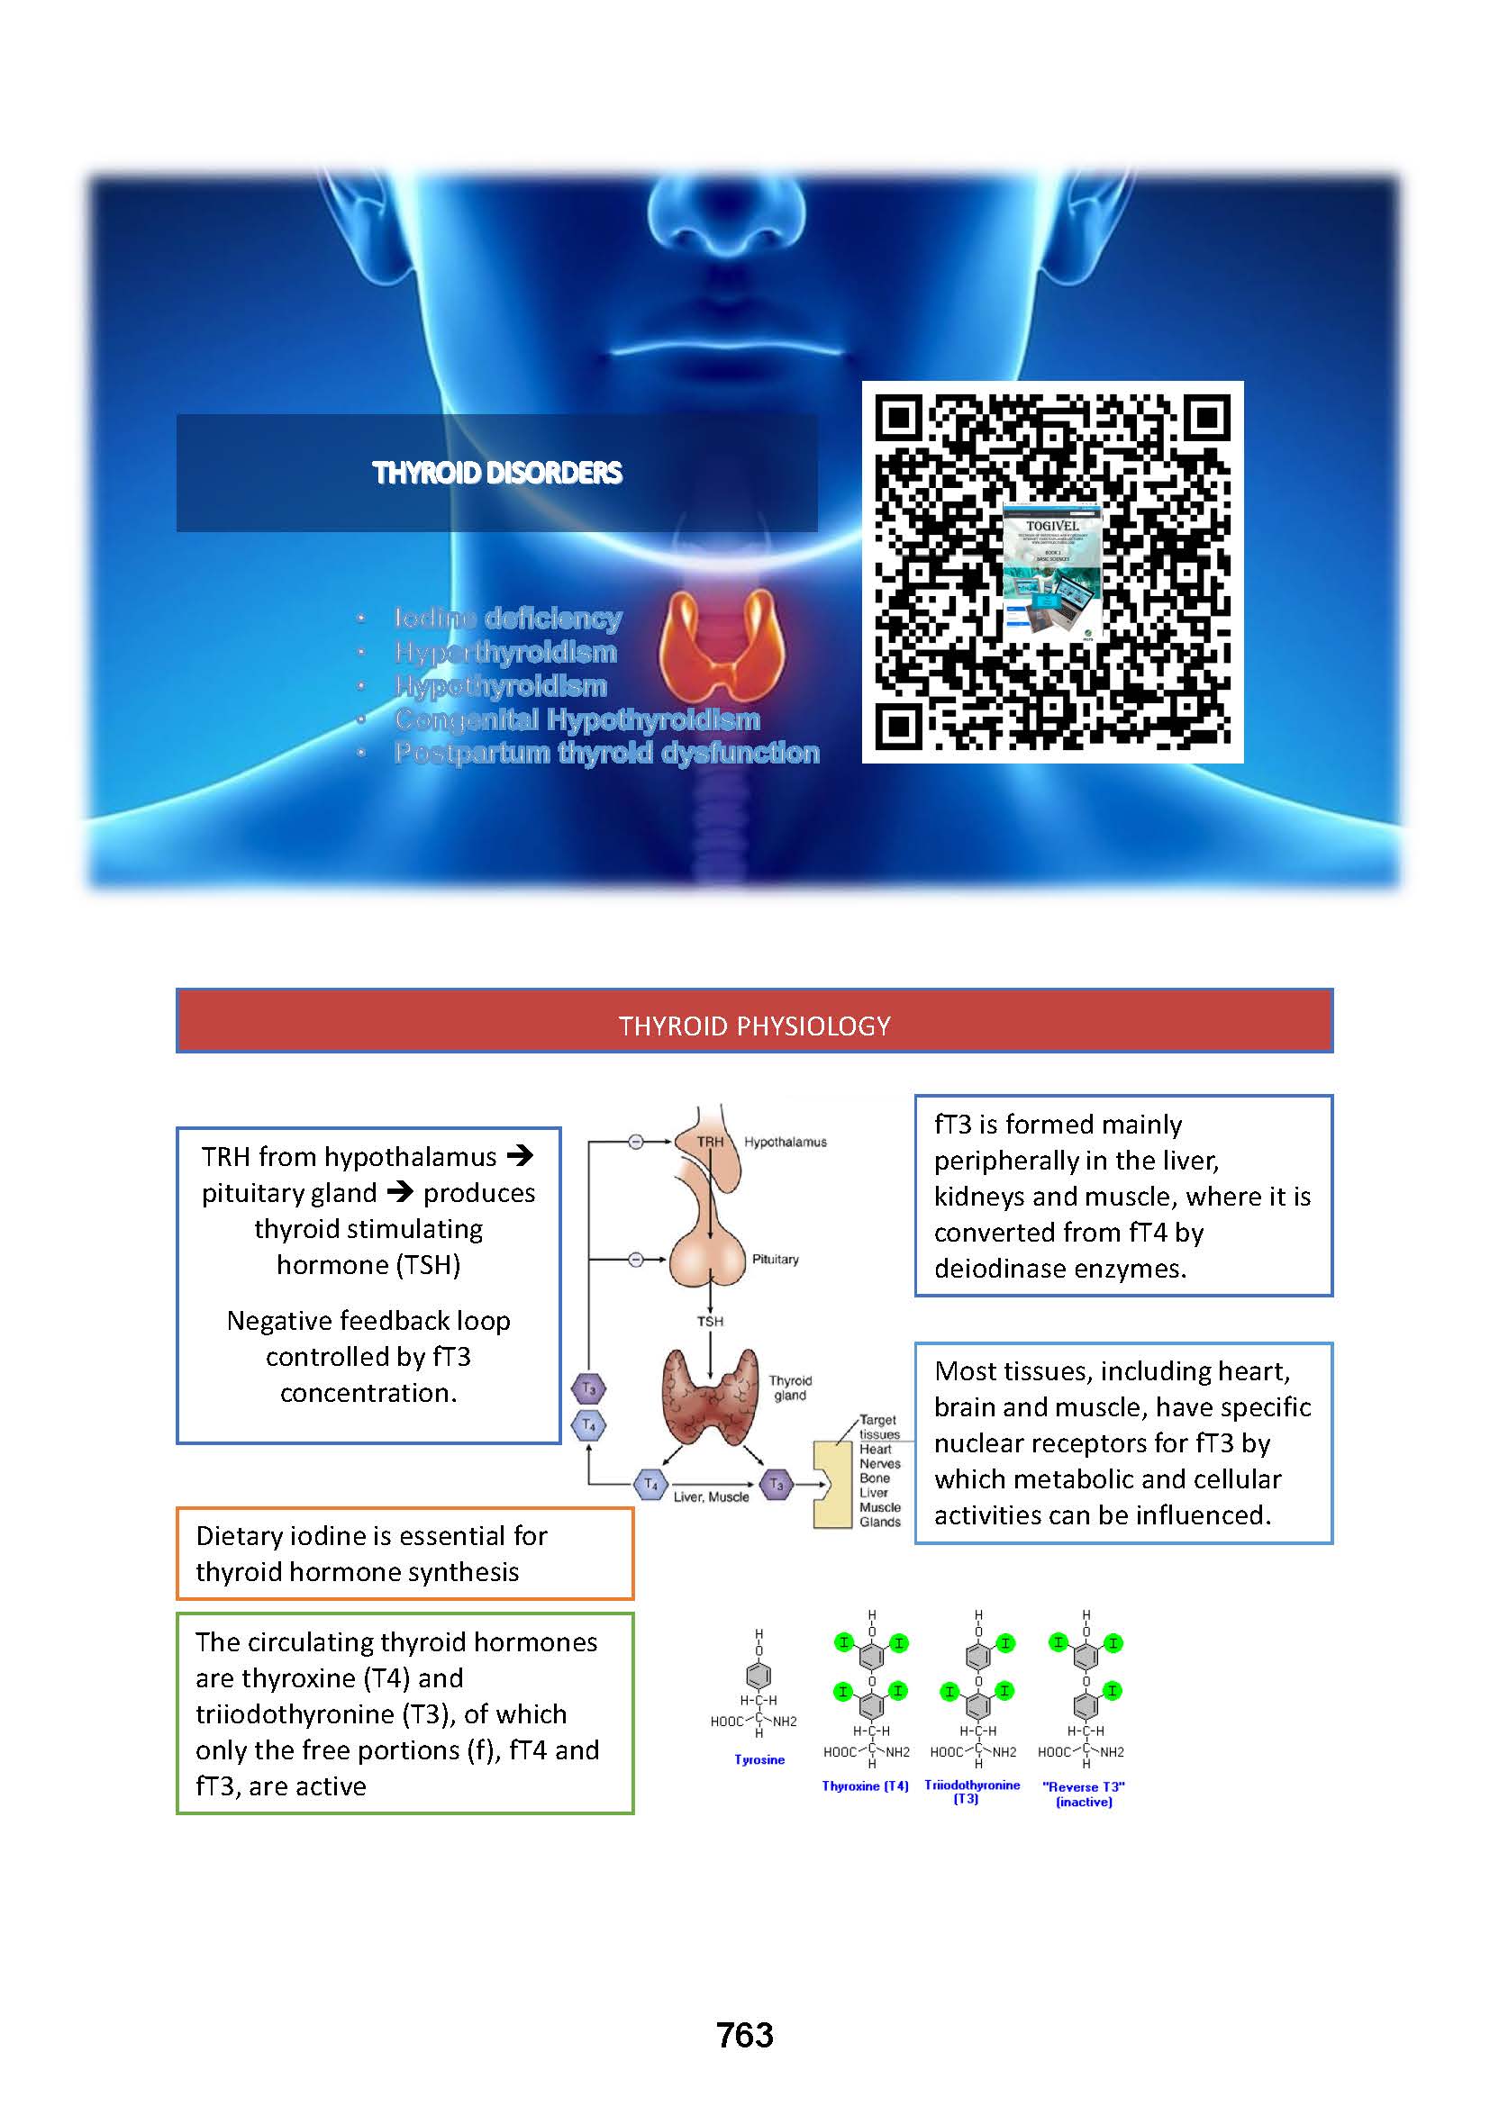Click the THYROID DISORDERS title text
[x=496, y=474]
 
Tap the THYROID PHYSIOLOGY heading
[x=754, y=1026]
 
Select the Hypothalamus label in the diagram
[x=785, y=1142]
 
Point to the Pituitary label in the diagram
[x=776, y=1260]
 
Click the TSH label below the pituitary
[x=710, y=1321]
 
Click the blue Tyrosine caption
[x=759, y=1759]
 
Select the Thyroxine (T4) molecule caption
[x=864, y=1785]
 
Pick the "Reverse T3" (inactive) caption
[x=1084, y=1794]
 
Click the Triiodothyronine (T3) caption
[x=972, y=1792]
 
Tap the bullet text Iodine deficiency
[x=507, y=619]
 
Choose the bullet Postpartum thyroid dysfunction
[x=606, y=753]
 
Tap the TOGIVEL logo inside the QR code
[x=1051, y=527]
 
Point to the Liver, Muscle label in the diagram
[x=711, y=1497]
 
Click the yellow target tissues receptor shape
[x=831, y=1484]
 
